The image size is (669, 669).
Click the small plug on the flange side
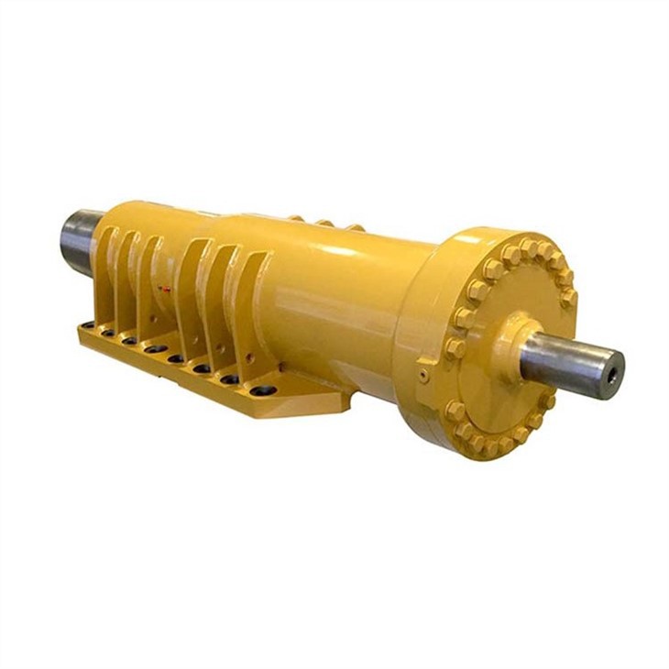422,376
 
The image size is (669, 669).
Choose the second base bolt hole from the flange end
229,378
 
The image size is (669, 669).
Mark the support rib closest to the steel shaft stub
104,275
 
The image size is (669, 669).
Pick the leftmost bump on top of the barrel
297,218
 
